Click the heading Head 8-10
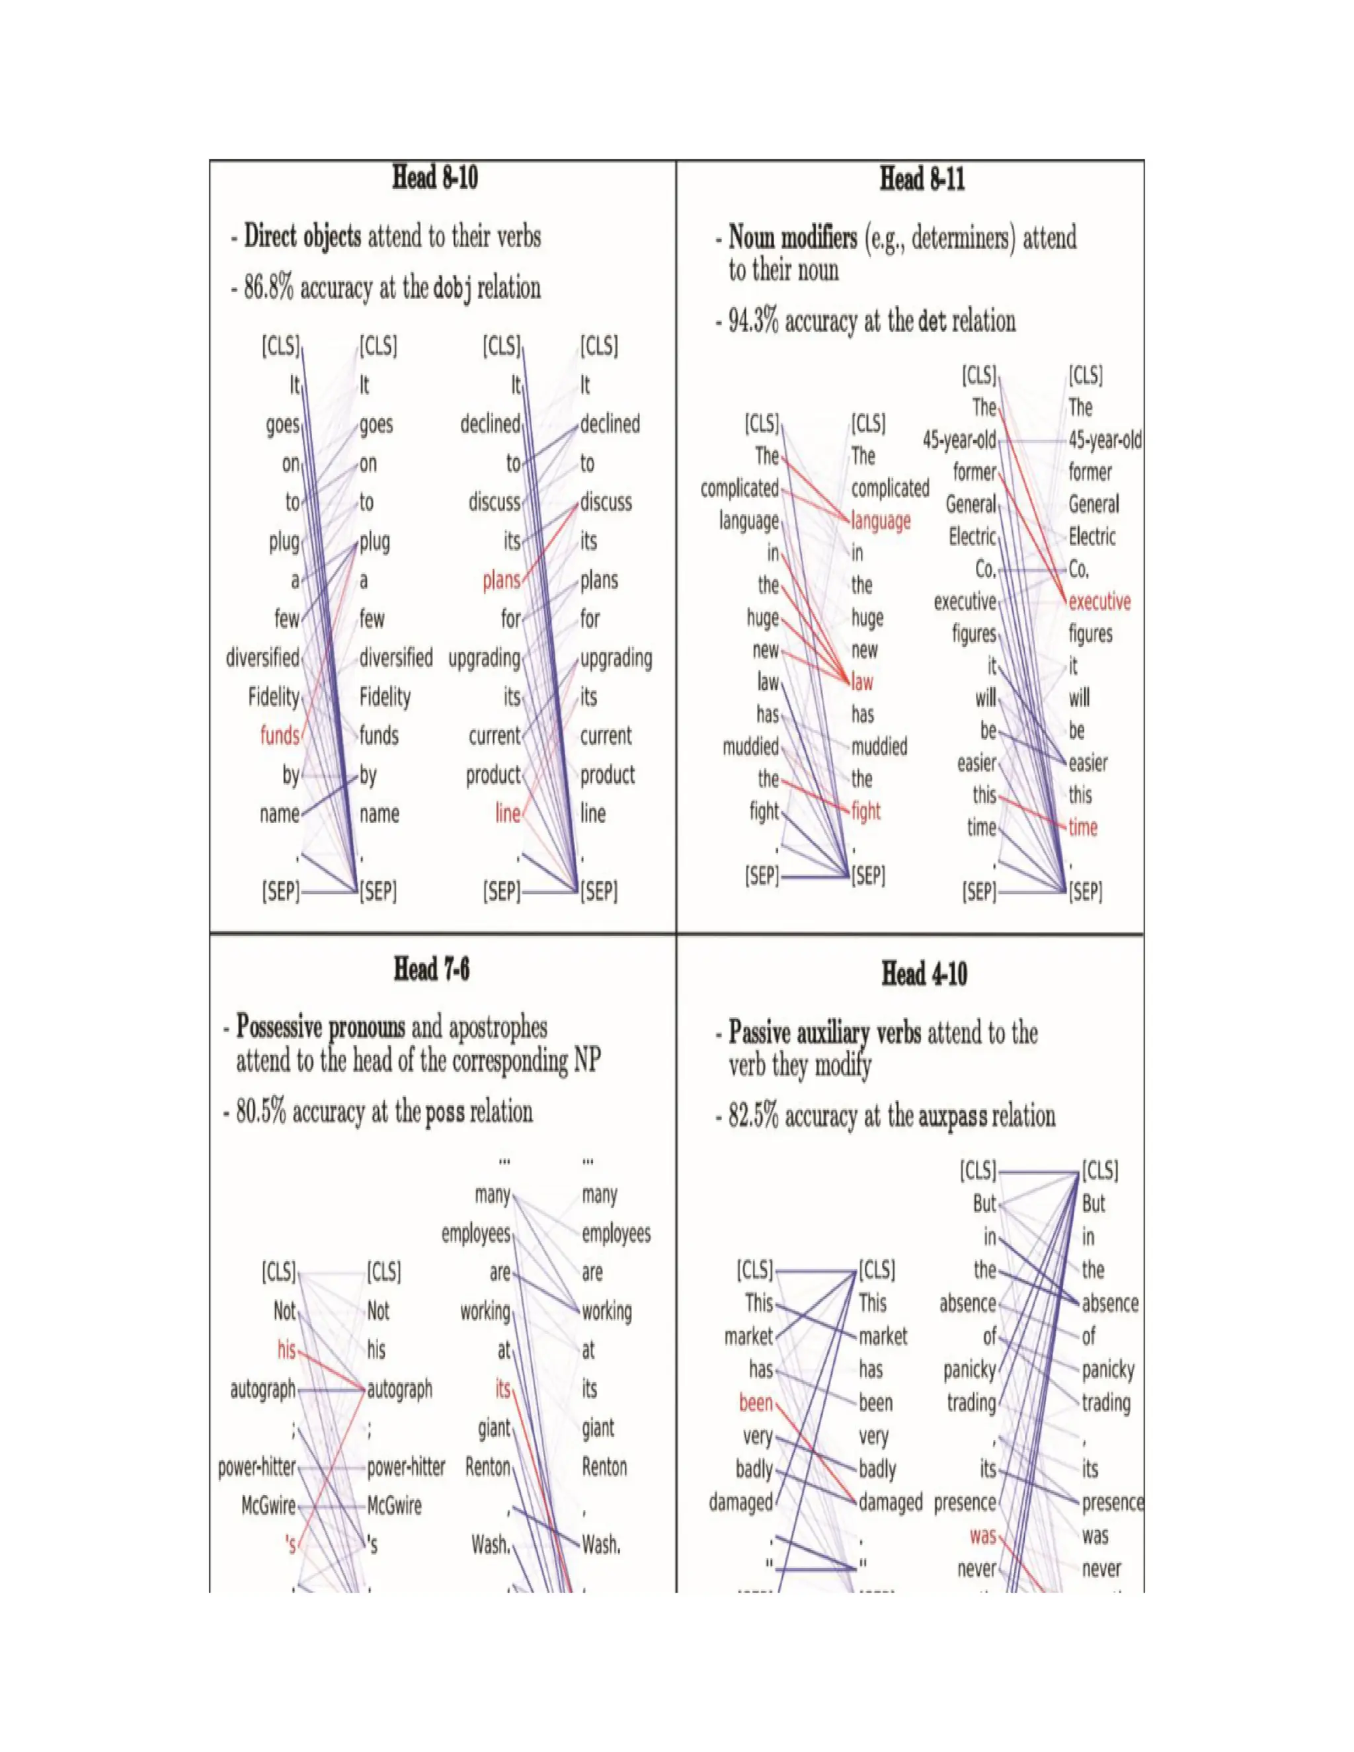point(435,177)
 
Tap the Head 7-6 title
point(432,970)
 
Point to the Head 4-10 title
point(924,974)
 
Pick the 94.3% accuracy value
point(753,322)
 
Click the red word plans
point(501,580)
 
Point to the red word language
point(881,522)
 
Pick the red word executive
point(1099,602)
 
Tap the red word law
point(862,683)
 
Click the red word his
point(286,1350)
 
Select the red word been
point(756,1403)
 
